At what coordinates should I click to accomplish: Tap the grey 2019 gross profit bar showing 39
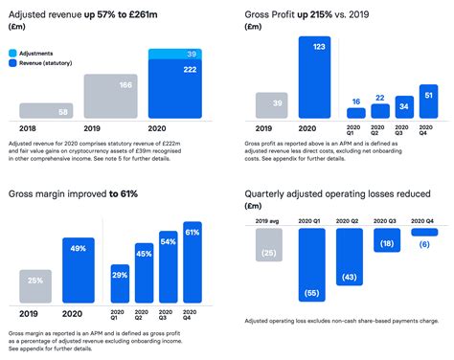pyautogui.click(x=276, y=103)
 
